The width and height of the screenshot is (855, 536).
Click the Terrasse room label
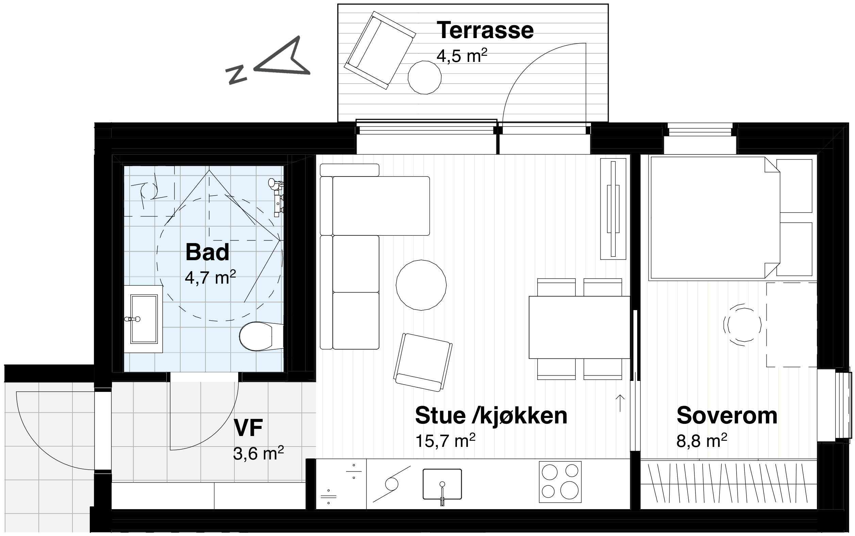(485, 31)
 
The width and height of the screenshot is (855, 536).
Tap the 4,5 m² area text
(462, 56)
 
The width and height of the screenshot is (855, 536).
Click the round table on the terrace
(425, 77)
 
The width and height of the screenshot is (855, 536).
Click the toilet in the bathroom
(261, 336)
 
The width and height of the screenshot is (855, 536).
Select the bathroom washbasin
(144, 319)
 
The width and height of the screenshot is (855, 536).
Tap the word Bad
(208, 252)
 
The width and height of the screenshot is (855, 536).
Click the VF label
(248, 428)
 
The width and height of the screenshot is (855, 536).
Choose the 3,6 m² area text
(258, 453)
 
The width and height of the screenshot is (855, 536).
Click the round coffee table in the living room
(421, 285)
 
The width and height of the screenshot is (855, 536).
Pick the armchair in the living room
(423, 362)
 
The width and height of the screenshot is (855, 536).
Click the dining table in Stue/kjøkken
(579, 328)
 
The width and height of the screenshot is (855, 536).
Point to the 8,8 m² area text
(702, 441)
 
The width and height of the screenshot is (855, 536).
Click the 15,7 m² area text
(445, 441)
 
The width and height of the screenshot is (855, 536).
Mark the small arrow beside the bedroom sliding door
(620, 403)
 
